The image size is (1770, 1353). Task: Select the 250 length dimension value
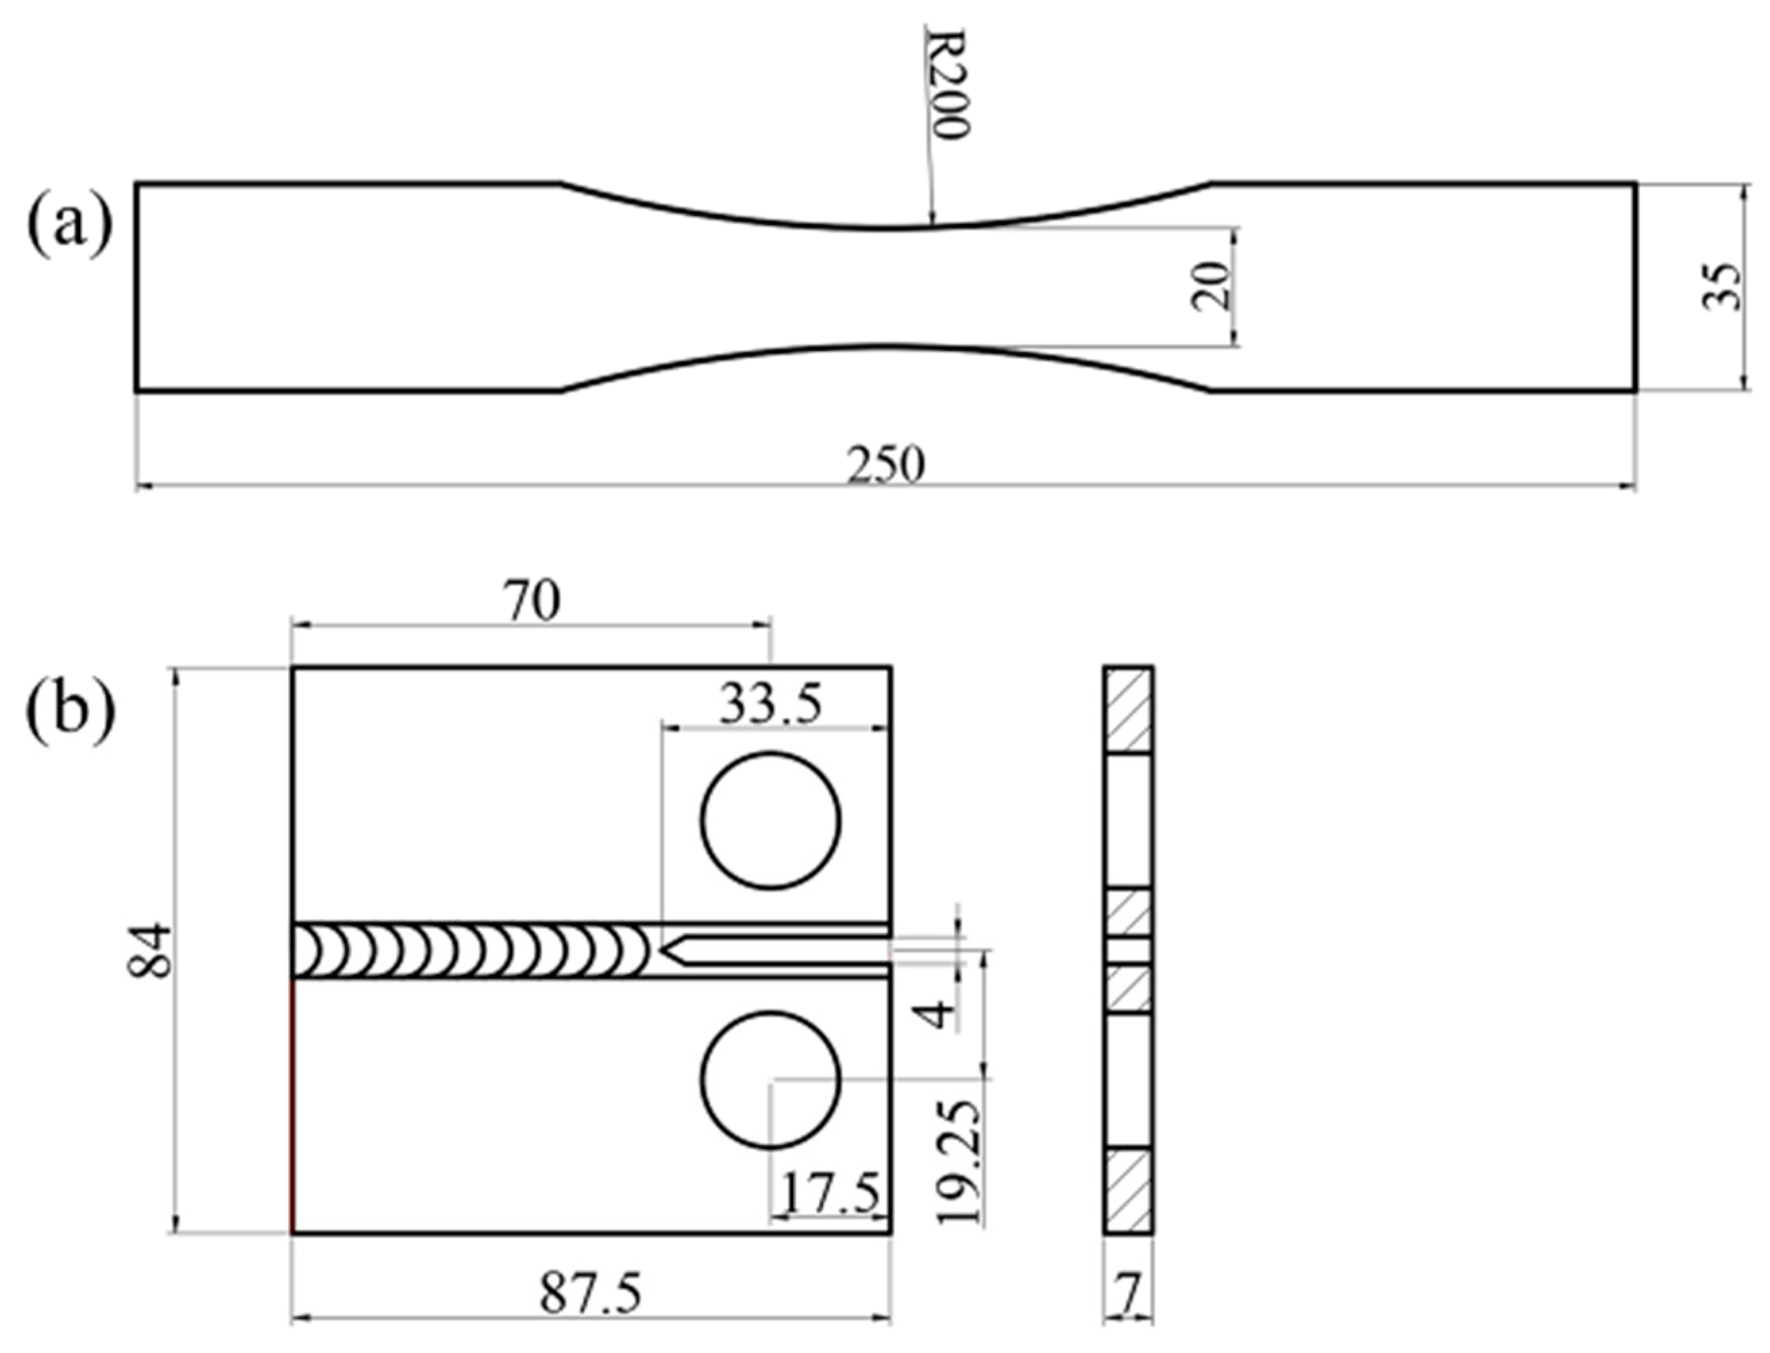[x=885, y=465]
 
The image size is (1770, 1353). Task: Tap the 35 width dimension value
[x=1721, y=286]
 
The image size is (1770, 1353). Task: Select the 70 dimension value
[x=531, y=601]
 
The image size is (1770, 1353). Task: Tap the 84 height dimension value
[x=151, y=951]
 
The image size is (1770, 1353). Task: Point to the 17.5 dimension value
[x=830, y=1194]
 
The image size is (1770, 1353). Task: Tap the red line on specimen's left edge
[x=292, y=1103]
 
